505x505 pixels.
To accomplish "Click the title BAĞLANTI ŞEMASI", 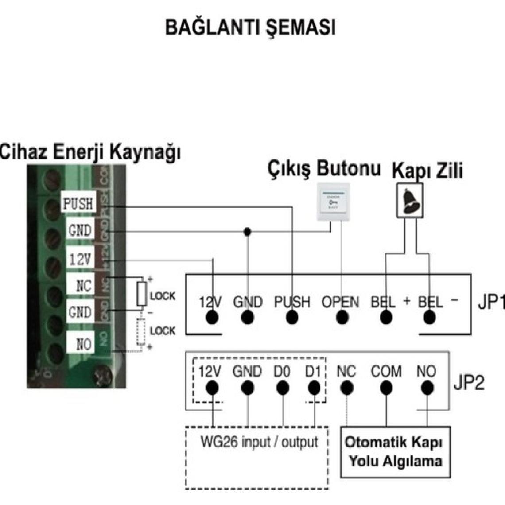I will tap(250, 28).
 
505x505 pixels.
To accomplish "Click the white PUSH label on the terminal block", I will tap(78, 204).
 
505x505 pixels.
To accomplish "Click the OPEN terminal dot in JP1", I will tap(342, 318).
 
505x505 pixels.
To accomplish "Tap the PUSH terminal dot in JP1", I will tap(291, 318).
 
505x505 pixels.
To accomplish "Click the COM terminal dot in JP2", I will tap(386, 388).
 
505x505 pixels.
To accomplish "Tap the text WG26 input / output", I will tap(259, 442).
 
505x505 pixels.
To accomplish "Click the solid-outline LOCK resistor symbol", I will tap(142, 293).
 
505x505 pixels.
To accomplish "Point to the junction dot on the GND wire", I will tap(247, 232).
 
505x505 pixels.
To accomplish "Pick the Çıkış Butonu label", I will tap(324, 169).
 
